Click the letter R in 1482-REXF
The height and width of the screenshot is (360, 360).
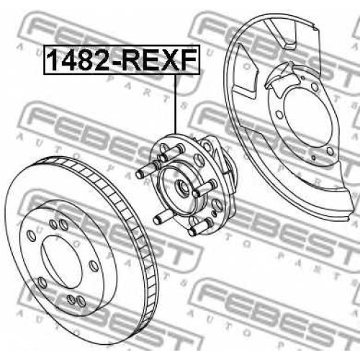[x=131, y=60]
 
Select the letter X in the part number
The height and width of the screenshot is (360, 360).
[x=168, y=60]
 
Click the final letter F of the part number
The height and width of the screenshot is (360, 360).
[x=188, y=60]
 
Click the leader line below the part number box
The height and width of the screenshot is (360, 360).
[x=176, y=104]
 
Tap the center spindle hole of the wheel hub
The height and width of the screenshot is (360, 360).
[x=182, y=187]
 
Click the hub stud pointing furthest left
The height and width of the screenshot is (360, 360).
[x=145, y=171]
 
